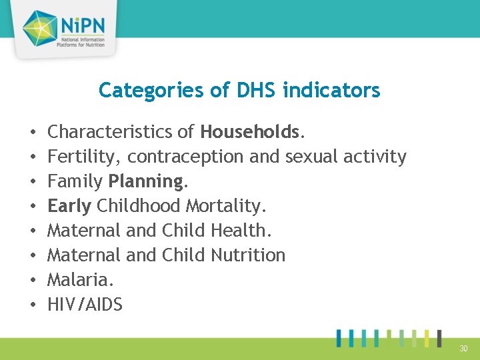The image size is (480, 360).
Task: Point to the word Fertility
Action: (x=84, y=157)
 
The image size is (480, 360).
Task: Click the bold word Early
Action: (x=69, y=206)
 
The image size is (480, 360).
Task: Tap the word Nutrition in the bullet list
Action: (x=247, y=255)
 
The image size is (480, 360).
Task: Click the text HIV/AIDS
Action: (x=85, y=305)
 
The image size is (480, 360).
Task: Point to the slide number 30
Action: (x=463, y=348)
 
